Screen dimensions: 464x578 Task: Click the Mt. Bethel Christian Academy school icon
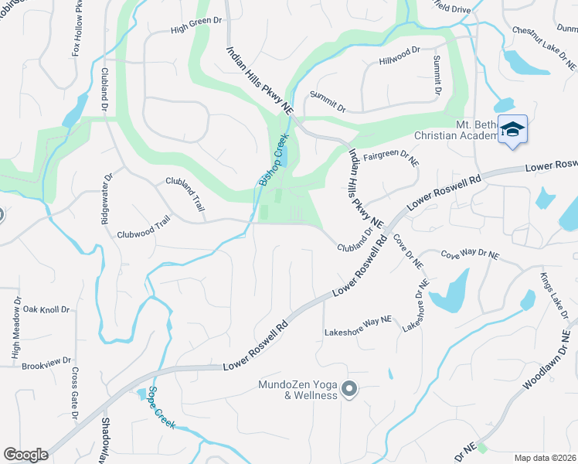click(x=512, y=129)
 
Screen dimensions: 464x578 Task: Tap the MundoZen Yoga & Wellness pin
click(x=348, y=389)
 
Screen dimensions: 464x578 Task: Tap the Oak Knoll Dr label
click(x=46, y=309)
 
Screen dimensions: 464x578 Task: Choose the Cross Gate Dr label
click(x=75, y=394)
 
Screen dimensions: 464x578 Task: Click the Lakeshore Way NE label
click(x=359, y=329)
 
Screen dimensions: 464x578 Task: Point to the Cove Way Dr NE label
click(x=470, y=254)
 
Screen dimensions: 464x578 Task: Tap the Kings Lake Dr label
click(x=554, y=297)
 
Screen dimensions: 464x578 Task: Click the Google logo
click(x=25, y=454)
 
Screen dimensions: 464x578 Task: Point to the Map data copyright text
click(x=546, y=457)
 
